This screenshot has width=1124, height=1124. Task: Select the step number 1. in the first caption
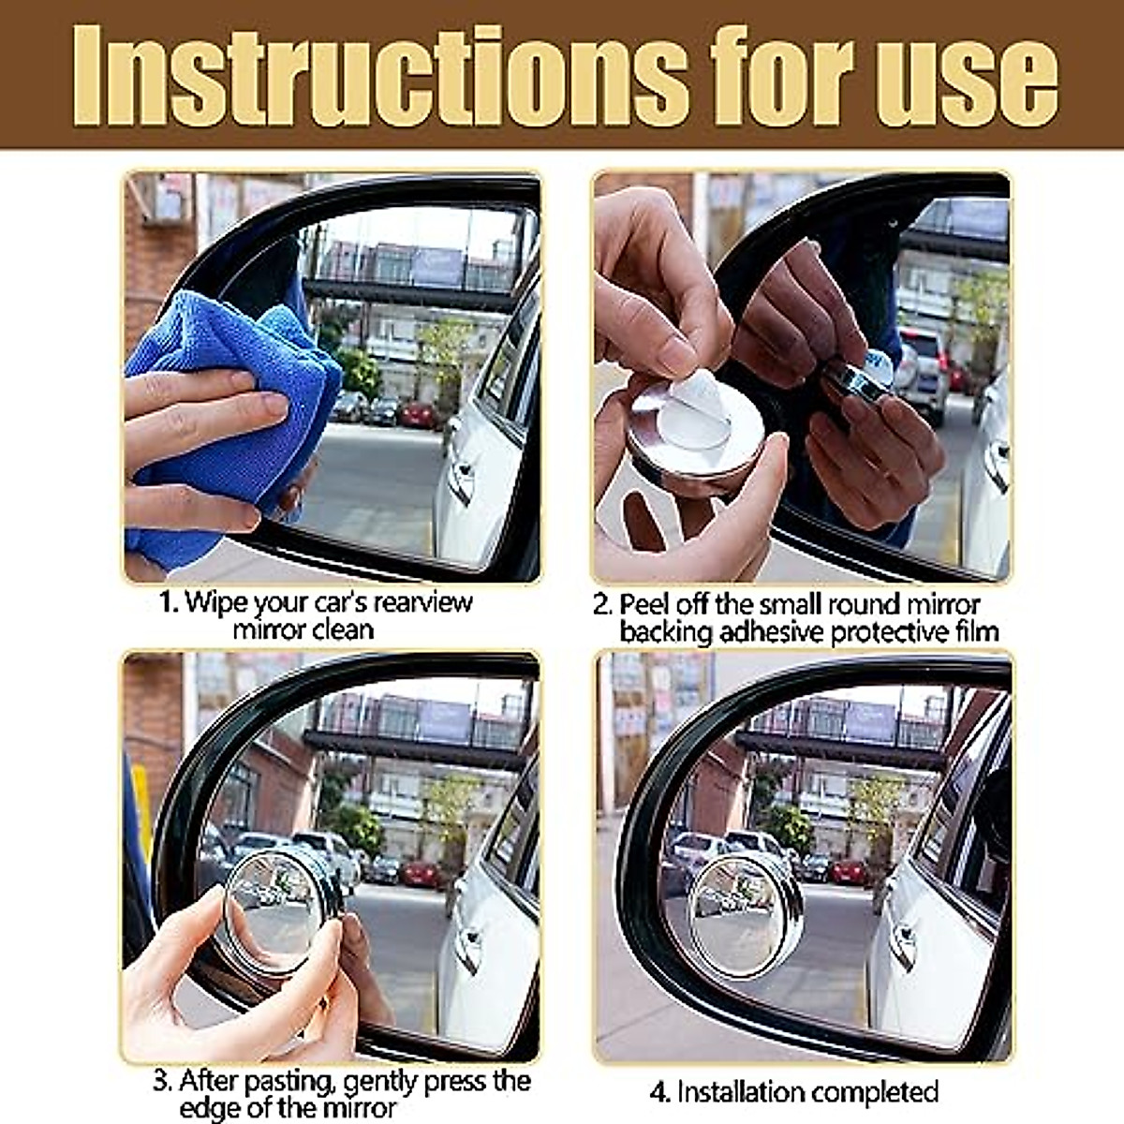tap(168, 601)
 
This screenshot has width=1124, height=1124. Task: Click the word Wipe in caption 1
tap(217, 601)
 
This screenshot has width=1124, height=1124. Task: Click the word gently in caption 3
tap(380, 1083)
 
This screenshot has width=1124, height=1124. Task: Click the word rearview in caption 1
tap(421, 601)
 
